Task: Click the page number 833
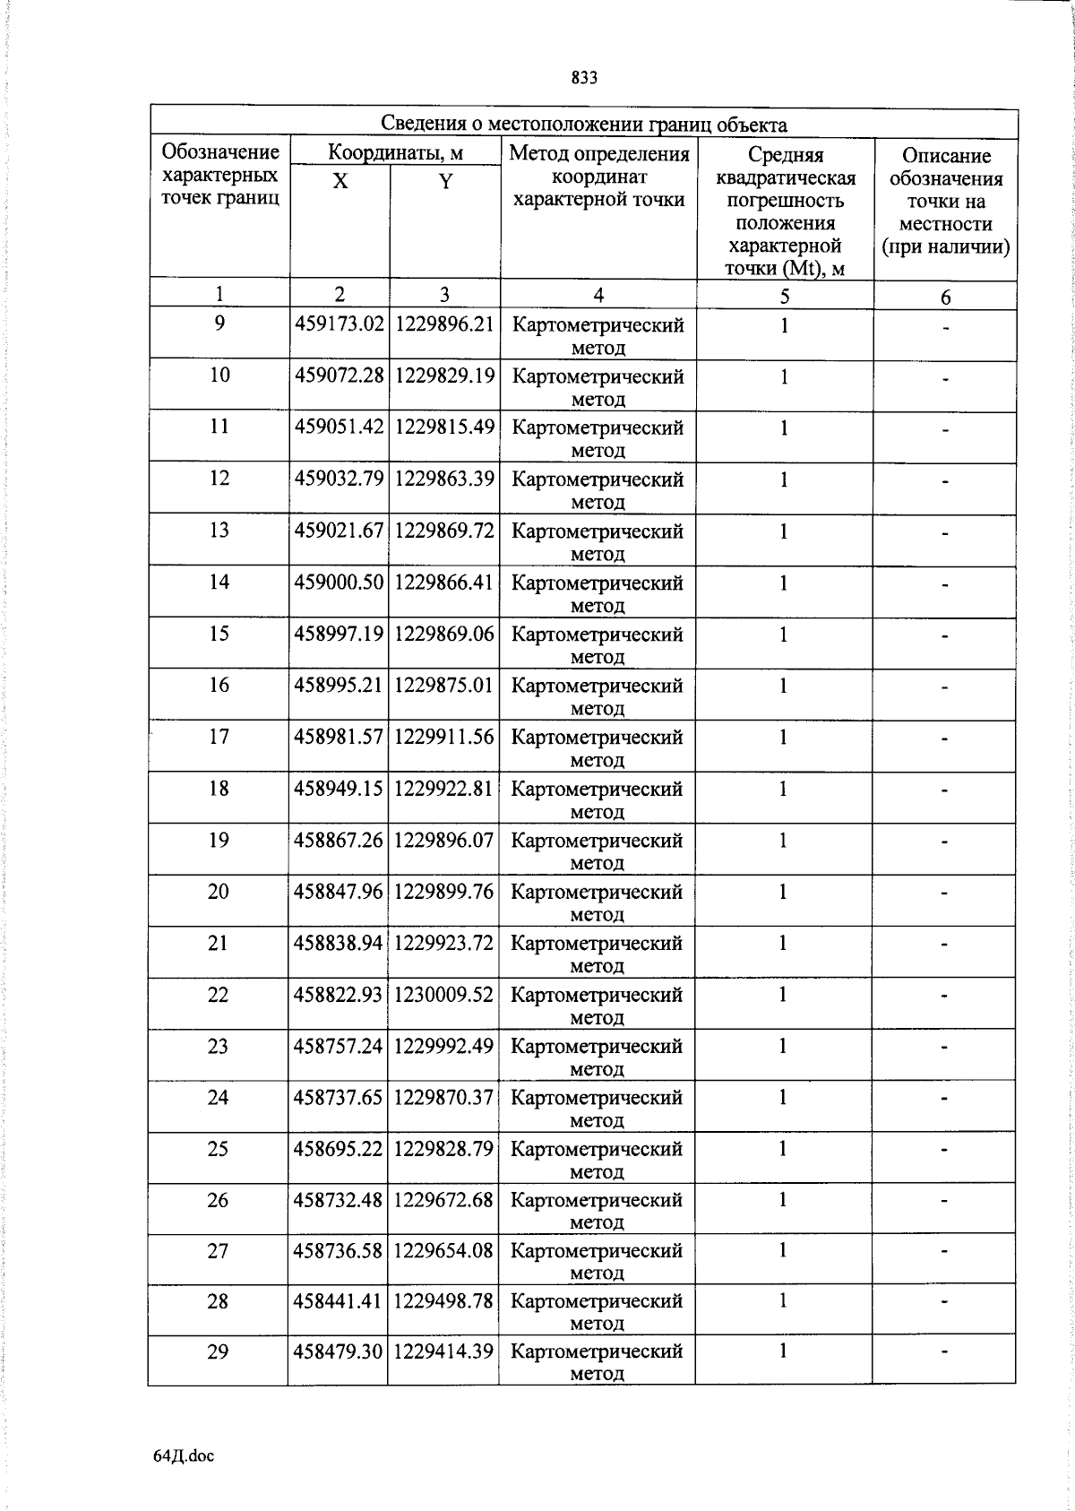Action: [x=584, y=78]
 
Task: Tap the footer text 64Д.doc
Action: [x=184, y=1456]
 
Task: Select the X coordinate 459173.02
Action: [x=339, y=324]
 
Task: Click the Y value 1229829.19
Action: [x=444, y=376]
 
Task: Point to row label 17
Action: [x=219, y=737]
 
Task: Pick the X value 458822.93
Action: [x=338, y=995]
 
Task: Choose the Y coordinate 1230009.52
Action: [x=443, y=995]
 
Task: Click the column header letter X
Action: [x=340, y=182]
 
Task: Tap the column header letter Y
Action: [x=445, y=182]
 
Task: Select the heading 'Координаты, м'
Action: [x=395, y=152]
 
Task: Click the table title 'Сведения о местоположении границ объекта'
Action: [x=584, y=124]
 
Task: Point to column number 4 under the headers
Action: [x=598, y=295]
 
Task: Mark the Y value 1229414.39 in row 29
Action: [x=443, y=1351]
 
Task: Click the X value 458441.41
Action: [x=338, y=1301]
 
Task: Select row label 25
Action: [x=218, y=1149]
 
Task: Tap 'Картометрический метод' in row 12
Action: [x=598, y=489]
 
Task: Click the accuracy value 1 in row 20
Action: [x=783, y=892]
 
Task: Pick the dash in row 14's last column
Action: [x=944, y=585]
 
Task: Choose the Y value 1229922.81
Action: [x=444, y=789]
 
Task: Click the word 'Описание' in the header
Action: [x=946, y=156]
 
